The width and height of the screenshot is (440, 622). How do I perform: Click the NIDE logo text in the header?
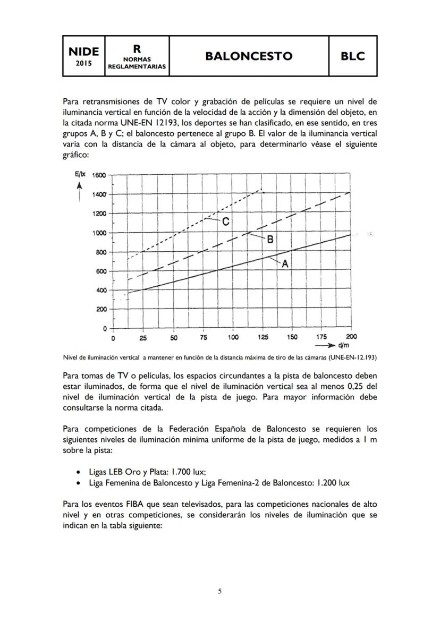pos(83,52)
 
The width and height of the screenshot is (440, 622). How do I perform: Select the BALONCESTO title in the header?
pos(249,56)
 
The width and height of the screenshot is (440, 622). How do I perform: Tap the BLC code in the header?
pos(353,56)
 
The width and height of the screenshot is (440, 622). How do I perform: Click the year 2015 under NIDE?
pos(83,63)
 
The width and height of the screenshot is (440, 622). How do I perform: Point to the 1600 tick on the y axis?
pos(99,175)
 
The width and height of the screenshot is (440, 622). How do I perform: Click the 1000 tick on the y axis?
pos(99,233)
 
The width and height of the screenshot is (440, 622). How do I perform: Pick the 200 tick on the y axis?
pos(101,310)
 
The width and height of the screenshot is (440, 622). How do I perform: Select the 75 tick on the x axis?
pos(204,338)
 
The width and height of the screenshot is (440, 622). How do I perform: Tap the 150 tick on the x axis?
pos(292,338)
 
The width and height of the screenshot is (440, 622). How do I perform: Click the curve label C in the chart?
pos(225,222)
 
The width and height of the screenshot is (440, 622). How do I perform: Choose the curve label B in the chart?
pos(270,240)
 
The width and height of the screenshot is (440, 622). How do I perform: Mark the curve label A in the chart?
pos(285,263)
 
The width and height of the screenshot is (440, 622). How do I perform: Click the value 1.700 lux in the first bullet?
pos(187,472)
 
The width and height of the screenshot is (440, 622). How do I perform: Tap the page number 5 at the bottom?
pos(220,591)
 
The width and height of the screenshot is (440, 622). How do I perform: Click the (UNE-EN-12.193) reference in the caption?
pos(352,357)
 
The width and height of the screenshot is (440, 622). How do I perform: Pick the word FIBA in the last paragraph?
pos(135,504)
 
